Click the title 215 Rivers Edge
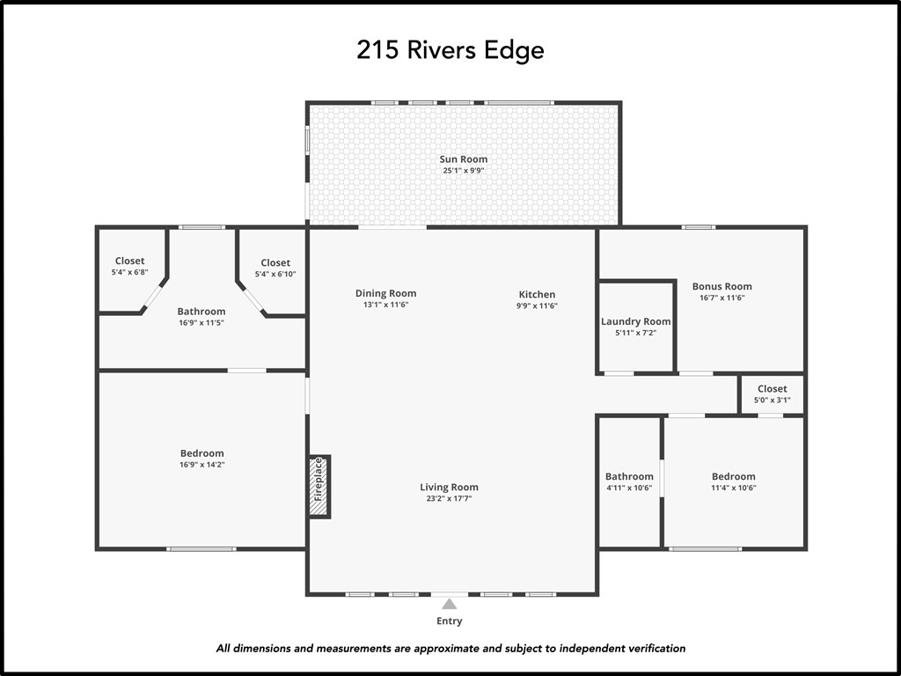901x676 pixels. (450, 50)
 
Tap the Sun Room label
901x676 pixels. (463, 159)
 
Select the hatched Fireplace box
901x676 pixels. (319, 486)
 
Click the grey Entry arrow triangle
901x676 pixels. (450, 604)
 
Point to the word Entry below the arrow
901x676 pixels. (450, 621)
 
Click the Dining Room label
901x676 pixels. (385, 294)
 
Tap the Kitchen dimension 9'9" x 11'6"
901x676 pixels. (537, 305)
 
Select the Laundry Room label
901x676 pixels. (635, 322)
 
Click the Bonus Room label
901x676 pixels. (722, 286)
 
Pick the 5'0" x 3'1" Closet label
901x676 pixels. (772, 389)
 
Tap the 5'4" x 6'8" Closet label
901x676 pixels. (129, 261)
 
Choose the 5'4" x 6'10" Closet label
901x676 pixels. (275, 263)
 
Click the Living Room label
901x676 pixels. (449, 488)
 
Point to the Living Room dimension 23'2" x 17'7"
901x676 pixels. (449, 499)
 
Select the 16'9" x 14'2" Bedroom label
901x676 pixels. (201, 454)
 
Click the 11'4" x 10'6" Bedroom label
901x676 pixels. (733, 477)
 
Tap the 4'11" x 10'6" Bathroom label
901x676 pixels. (629, 477)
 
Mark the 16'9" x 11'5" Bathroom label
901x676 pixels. (201, 312)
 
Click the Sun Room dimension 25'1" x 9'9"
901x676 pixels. (463, 171)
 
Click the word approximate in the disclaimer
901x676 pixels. (450, 649)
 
